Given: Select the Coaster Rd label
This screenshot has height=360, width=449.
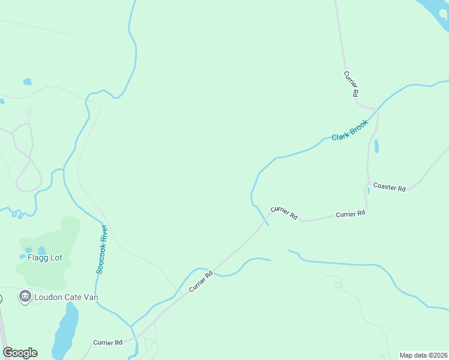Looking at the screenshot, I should click(389, 187).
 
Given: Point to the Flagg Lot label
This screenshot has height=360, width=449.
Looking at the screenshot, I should click(45, 258).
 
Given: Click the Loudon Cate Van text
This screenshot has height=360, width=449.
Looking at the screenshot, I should click(66, 297).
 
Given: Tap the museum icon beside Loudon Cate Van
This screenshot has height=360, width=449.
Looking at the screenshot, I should click(25, 296).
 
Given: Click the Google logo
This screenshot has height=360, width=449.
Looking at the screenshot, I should click(20, 353).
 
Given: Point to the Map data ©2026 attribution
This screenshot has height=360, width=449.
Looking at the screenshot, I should click(424, 355).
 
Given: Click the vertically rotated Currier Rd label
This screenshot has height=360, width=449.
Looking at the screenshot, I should click(351, 84).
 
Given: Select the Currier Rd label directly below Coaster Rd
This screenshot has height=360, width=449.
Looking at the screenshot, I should click(351, 214).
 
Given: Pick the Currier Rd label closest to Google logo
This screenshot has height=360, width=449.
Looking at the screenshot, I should click(107, 343).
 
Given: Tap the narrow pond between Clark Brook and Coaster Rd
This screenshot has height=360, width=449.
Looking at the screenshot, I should click(376, 146).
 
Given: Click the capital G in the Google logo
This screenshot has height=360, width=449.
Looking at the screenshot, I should click(8, 353).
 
